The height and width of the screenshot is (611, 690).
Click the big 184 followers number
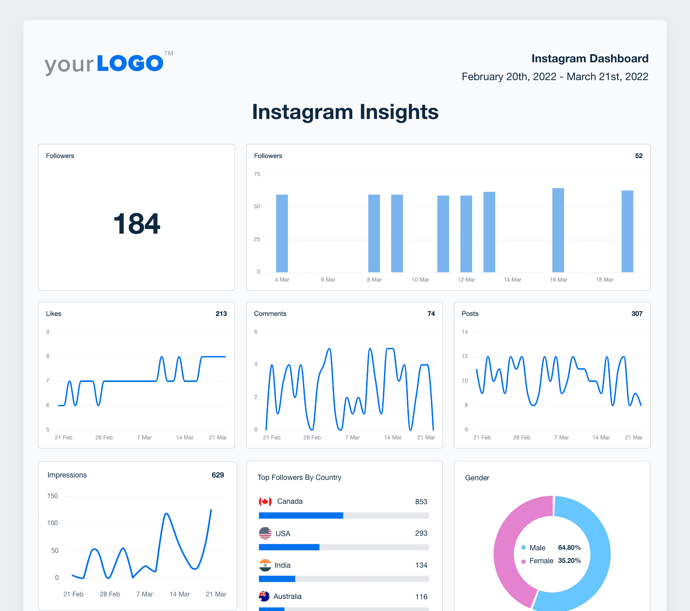tap(136, 224)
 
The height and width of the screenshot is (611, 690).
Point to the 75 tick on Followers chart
tap(257, 174)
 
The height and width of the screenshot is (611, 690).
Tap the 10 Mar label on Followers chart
tap(420, 280)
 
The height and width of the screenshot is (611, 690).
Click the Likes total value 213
tap(221, 314)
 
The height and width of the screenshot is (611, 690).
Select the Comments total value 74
tap(431, 314)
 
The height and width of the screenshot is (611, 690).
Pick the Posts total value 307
tap(637, 314)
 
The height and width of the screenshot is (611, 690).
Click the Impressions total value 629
tap(217, 475)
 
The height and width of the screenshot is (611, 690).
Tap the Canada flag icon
tap(265, 502)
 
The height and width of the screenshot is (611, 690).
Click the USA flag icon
tap(265, 533)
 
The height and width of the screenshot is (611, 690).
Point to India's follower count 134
tap(421, 565)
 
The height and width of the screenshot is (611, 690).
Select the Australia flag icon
tap(264, 596)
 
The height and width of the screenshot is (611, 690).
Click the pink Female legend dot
tap(524, 561)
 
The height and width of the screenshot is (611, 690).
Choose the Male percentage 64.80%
tap(569, 547)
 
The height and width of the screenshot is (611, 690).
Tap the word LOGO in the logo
tap(130, 64)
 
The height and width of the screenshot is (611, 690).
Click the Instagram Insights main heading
tap(345, 112)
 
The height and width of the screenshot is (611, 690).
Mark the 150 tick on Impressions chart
tap(53, 496)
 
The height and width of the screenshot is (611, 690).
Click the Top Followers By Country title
tap(299, 477)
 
